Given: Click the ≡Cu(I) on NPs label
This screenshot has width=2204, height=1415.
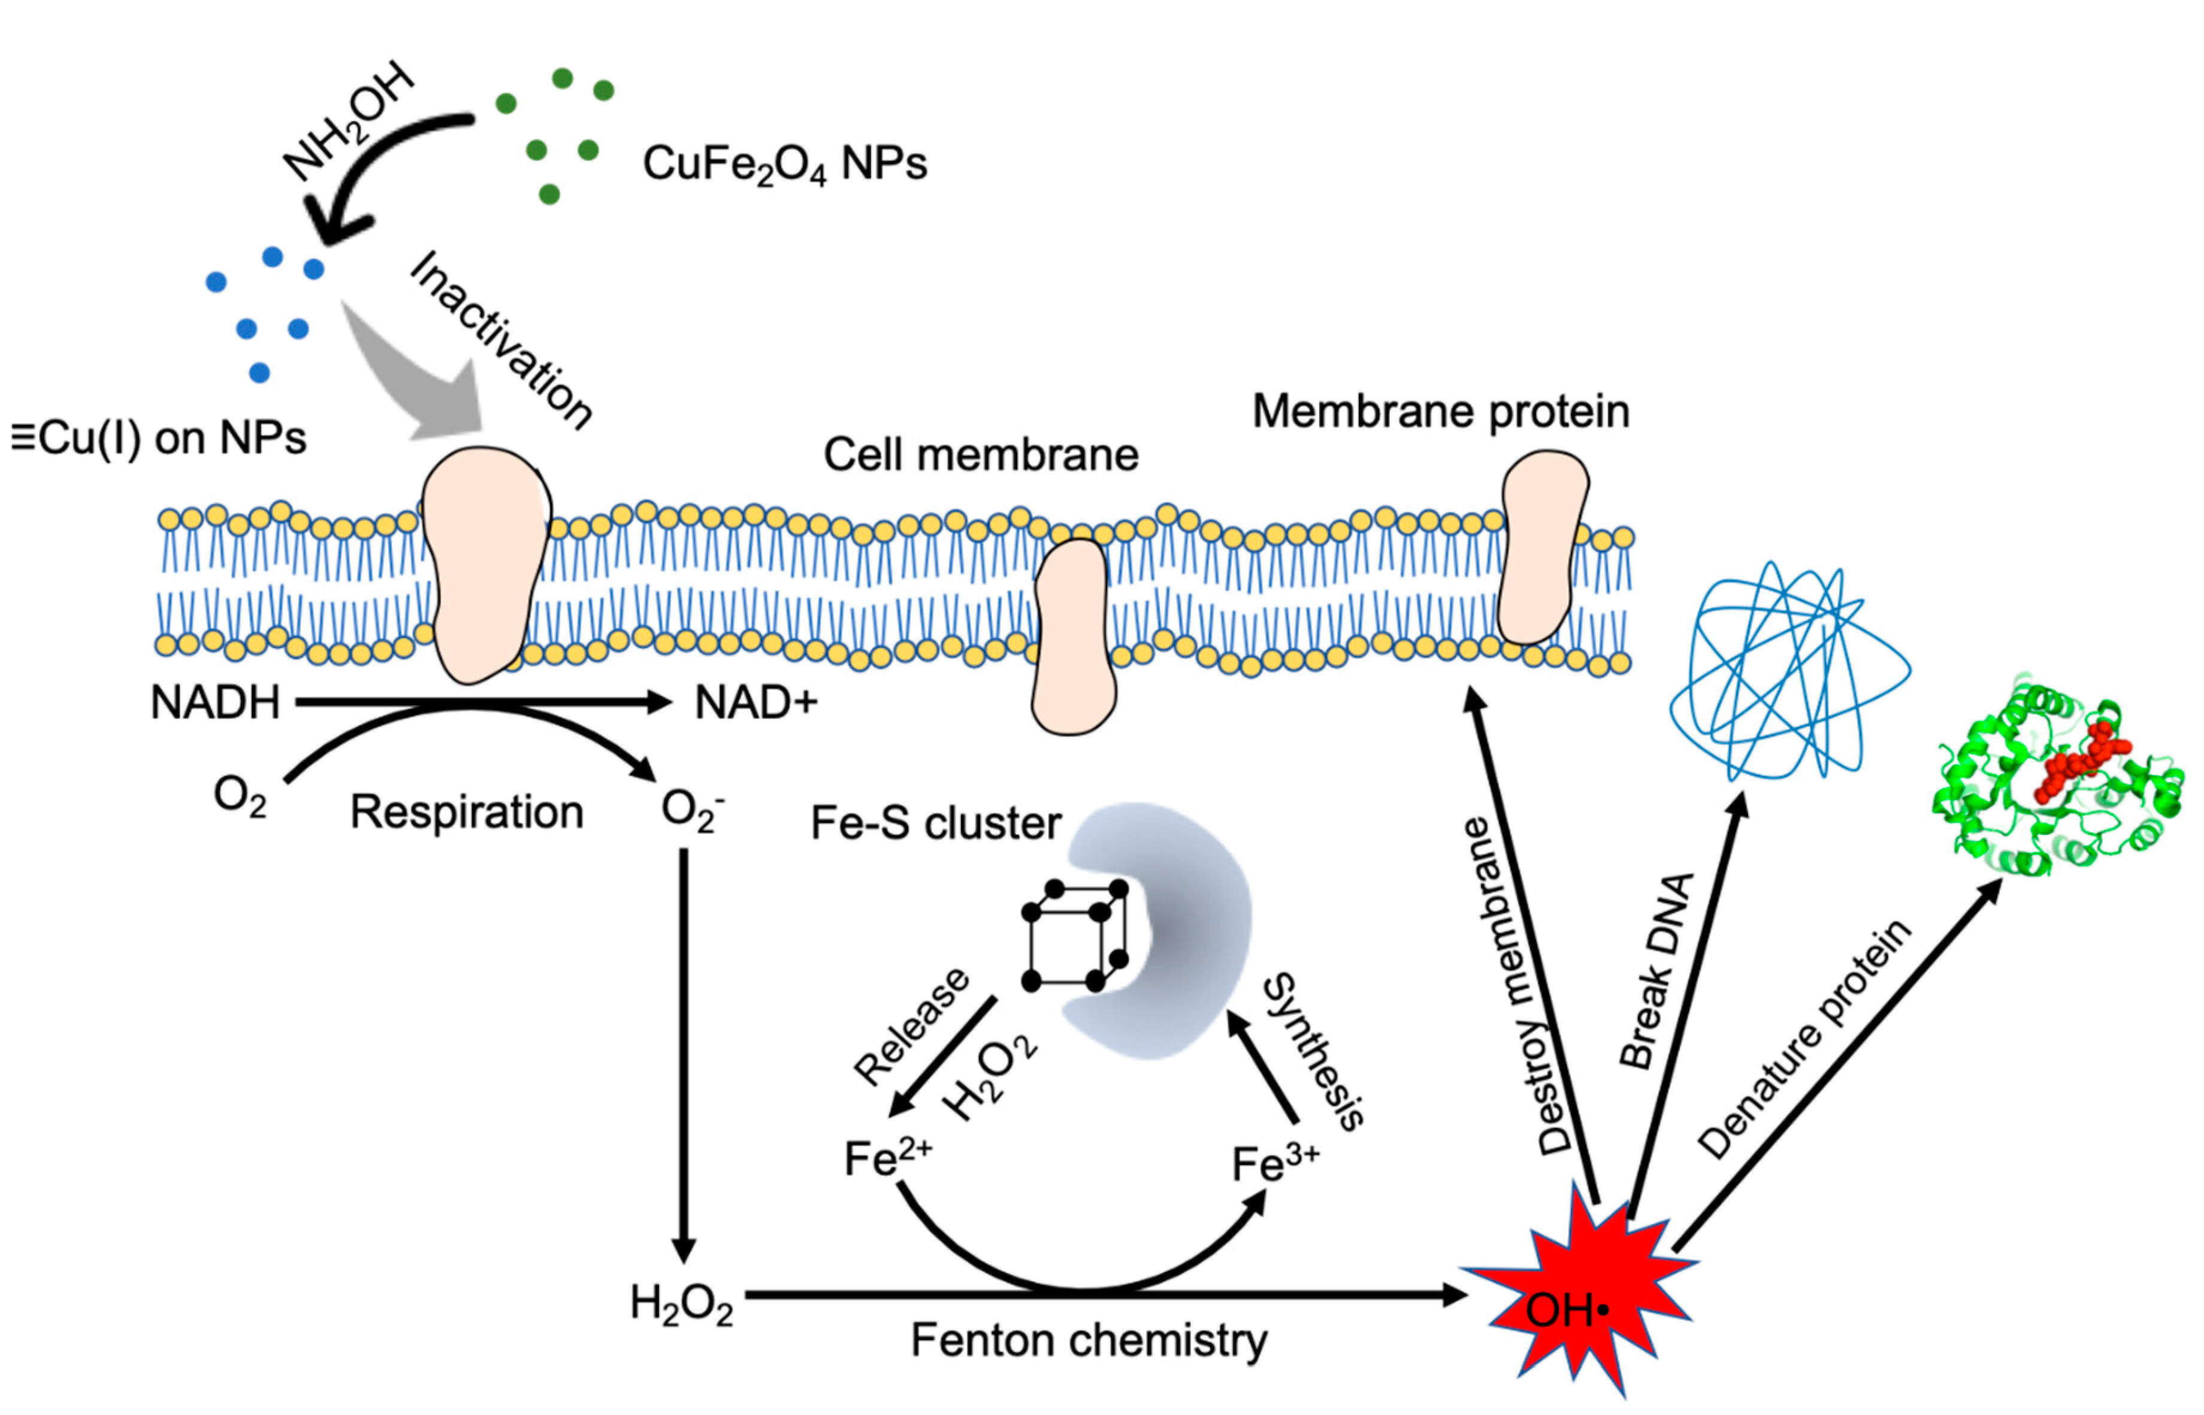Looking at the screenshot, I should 158,438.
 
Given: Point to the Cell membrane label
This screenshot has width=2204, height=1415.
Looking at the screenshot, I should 980,455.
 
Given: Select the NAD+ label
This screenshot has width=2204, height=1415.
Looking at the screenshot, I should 755,703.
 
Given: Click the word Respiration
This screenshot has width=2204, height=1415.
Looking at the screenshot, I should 467,812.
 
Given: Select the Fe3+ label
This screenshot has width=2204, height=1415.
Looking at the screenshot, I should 1275,1163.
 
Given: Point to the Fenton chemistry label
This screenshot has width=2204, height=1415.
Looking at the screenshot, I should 1089,1339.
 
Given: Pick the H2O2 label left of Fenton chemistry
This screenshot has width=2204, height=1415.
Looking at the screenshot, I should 681,1304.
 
